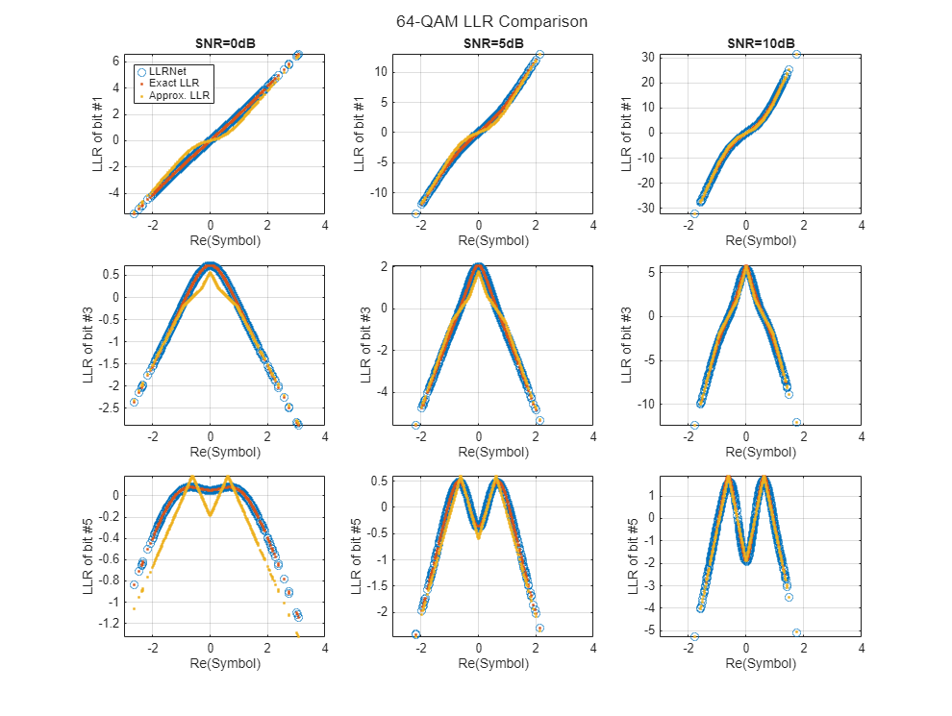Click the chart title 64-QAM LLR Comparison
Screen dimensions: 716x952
click(491, 21)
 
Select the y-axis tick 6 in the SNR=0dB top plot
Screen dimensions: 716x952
click(115, 60)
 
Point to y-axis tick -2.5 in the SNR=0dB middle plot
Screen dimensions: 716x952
click(109, 407)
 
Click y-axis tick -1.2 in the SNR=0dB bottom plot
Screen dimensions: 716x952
click(109, 623)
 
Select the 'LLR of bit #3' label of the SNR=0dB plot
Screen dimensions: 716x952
click(89, 345)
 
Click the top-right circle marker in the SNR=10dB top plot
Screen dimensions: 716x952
click(796, 55)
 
